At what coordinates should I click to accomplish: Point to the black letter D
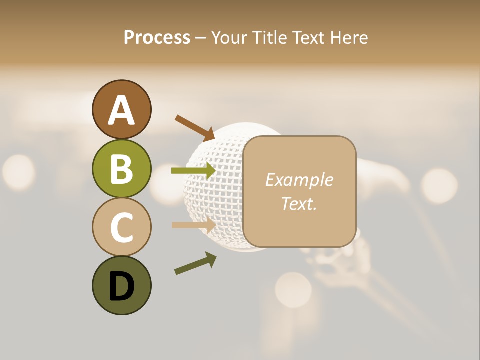point(121,286)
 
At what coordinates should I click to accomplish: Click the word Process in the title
point(157,38)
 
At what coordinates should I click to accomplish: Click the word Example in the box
point(299,180)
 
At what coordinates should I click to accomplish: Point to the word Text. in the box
point(299,203)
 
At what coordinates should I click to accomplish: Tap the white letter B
point(121,169)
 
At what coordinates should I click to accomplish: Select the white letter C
point(121,227)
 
